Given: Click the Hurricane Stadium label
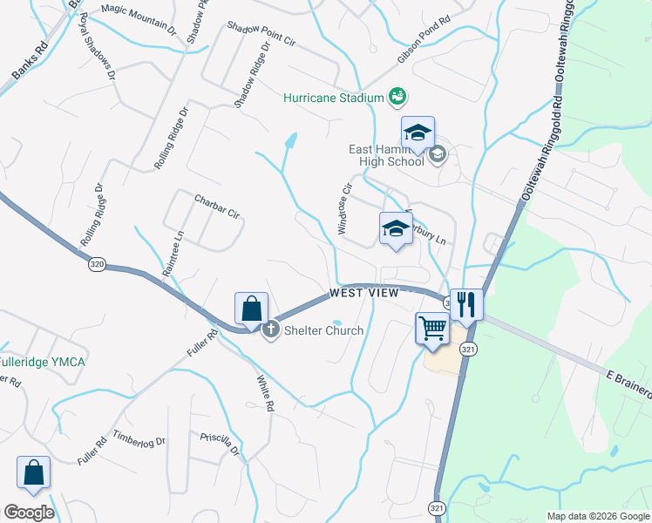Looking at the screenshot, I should click(334, 98).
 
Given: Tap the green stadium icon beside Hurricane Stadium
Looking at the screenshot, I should click(397, 96).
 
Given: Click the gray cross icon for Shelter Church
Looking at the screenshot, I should click(270, 329).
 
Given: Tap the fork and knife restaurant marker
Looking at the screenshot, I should click(466, 305).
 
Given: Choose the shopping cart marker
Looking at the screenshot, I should click(432, 329).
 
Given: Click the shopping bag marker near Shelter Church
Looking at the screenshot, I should click(251, 309).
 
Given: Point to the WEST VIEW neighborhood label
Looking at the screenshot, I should click(364, 294).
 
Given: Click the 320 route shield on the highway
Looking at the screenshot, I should click(97, 264).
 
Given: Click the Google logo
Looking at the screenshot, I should click(29, 513).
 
